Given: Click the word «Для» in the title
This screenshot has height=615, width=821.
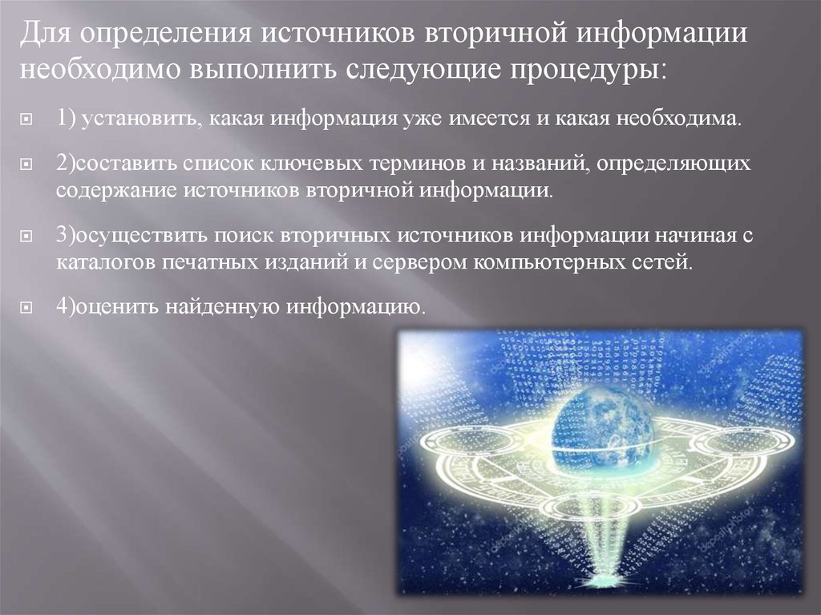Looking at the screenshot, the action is pos(46,33).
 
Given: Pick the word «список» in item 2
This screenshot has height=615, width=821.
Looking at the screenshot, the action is pos(217,164).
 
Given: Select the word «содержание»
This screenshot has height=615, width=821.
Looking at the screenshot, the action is pos(116,190).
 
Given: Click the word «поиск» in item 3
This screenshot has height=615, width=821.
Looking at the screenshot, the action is pos(244,235).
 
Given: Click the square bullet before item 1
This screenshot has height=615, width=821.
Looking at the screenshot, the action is pos(26,120).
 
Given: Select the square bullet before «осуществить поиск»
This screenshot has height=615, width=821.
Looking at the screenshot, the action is pos(26,237).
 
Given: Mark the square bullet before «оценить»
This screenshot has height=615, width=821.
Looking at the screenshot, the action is pos(26,307).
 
